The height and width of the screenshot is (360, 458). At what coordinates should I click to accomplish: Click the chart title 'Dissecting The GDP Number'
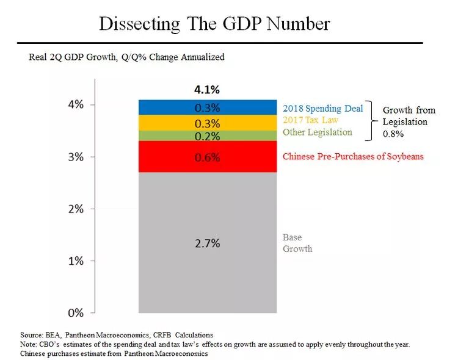(214, 24)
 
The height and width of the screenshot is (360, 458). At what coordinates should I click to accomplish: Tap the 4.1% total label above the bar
(206, 89)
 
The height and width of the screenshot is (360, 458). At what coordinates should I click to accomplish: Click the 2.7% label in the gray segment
(206, 243)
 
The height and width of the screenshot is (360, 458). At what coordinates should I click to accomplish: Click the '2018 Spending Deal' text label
(322, 108)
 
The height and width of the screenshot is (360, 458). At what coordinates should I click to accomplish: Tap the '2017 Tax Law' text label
(310, 120)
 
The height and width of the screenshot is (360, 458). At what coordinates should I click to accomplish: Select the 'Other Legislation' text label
(317, 132)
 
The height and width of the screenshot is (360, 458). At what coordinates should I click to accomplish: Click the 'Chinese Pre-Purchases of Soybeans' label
(352, 157)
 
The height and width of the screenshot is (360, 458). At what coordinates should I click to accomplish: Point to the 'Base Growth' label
(297, 243)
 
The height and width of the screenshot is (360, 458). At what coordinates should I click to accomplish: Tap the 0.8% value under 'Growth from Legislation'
(393, 133)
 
